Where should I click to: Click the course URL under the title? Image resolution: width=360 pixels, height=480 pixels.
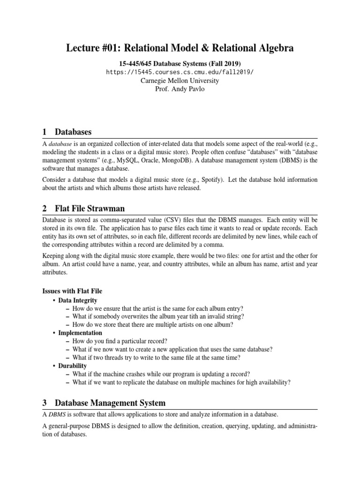pos(180,72)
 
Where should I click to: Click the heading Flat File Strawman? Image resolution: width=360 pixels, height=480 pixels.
pos(90,208)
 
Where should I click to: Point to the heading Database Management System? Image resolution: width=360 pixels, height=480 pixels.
pos(110,403)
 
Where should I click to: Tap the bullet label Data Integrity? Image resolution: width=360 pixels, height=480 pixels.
pos(78,300)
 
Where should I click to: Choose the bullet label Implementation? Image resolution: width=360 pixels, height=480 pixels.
pos(80,332)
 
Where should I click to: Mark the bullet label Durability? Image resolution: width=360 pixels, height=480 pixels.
pos(73,366)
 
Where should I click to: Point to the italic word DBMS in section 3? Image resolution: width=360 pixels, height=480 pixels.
pos(58,415)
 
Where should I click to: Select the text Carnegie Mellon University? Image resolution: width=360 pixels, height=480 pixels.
pos(180,80)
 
